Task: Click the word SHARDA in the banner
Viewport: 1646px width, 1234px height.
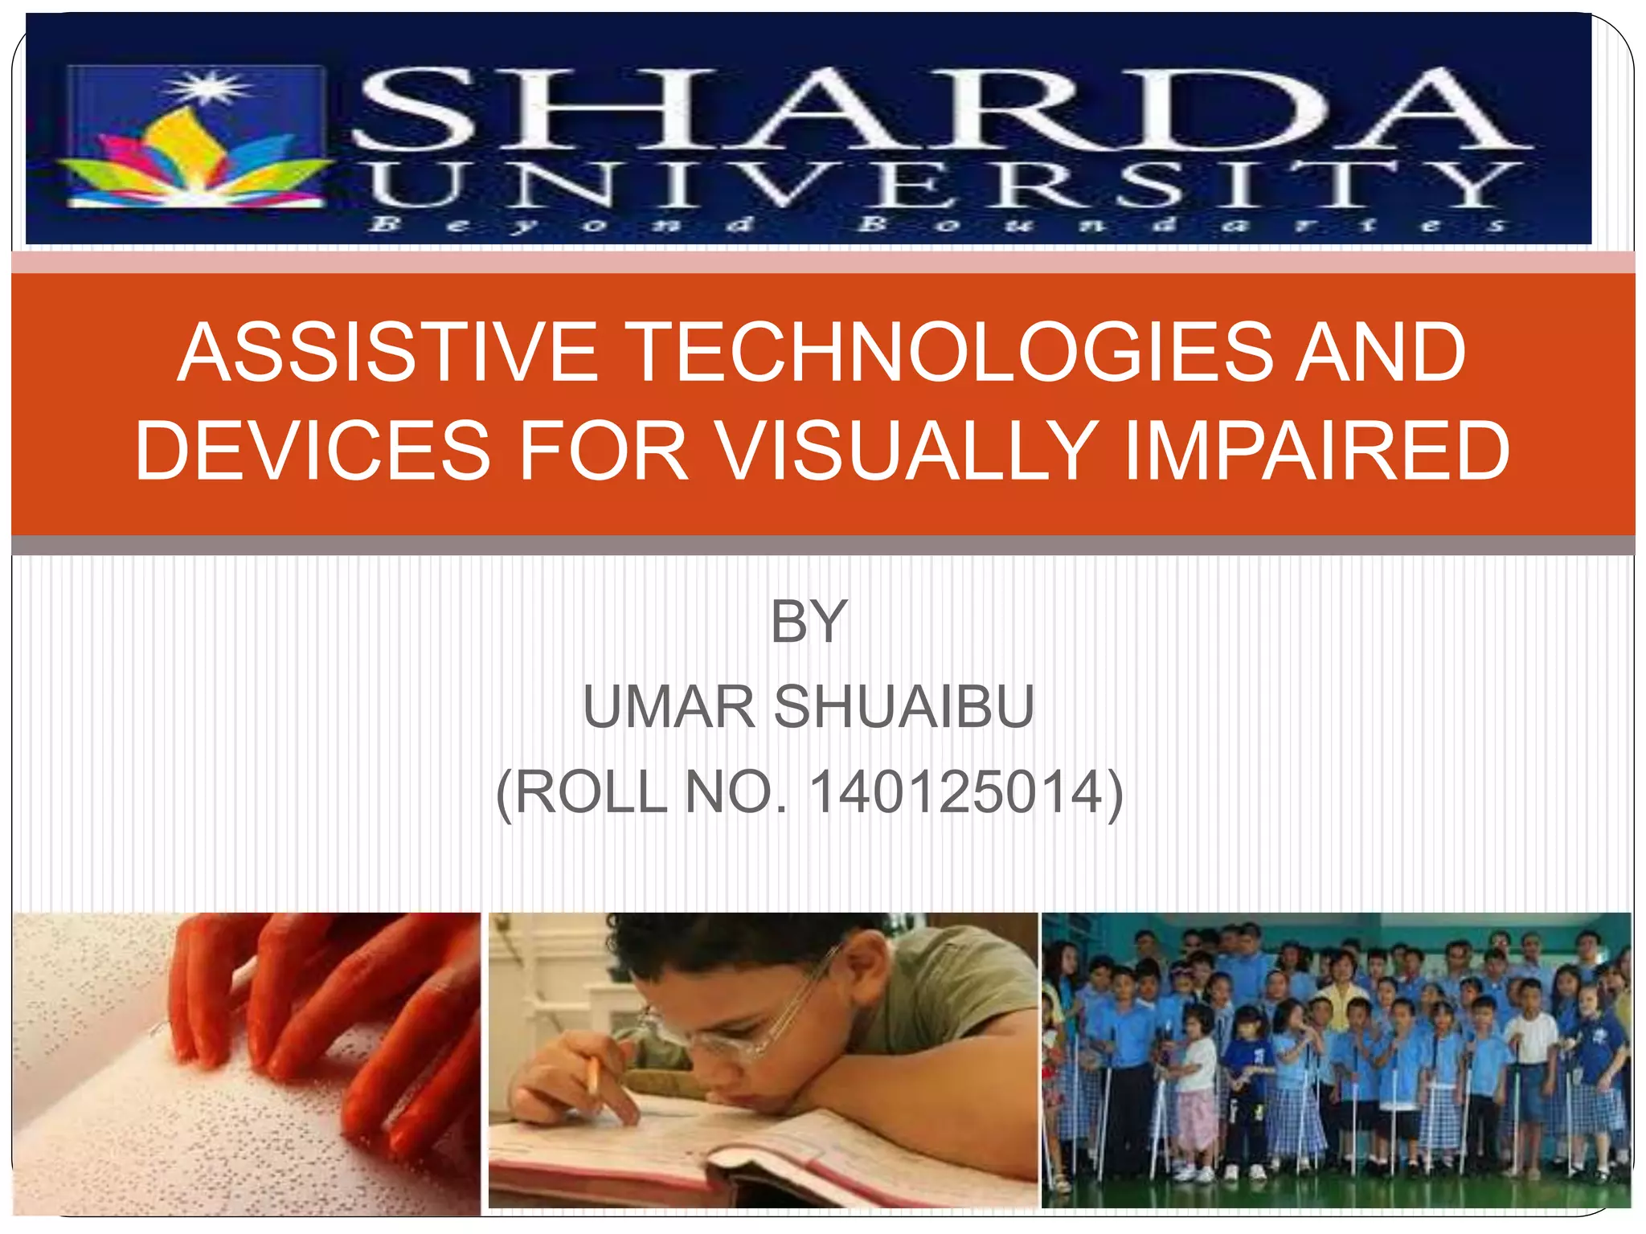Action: point(940,110)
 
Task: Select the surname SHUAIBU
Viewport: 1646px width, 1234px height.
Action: point(903,707)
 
